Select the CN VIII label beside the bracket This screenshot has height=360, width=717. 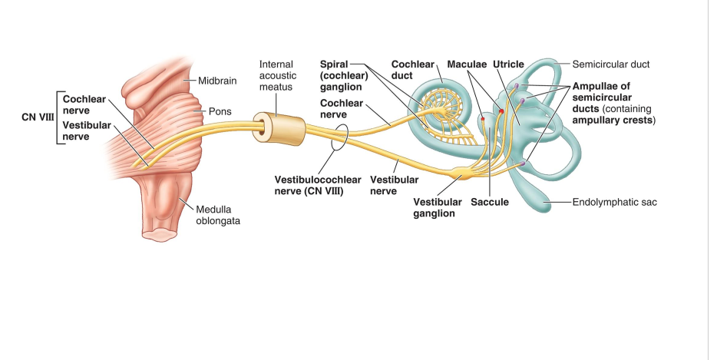click(x=36, y=118)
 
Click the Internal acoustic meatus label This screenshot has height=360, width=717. click(x=277, y=77)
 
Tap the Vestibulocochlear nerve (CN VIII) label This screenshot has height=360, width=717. click(x=309, y=184)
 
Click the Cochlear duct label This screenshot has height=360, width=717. click(x=412, y=70)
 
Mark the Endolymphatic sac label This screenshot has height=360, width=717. click(x=615, y=203)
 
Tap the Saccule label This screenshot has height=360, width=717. click(x=490, y=202)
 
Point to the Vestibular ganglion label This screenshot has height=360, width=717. click(x=437, y=207)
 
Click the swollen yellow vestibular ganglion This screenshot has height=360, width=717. click(x=464, y=175)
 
